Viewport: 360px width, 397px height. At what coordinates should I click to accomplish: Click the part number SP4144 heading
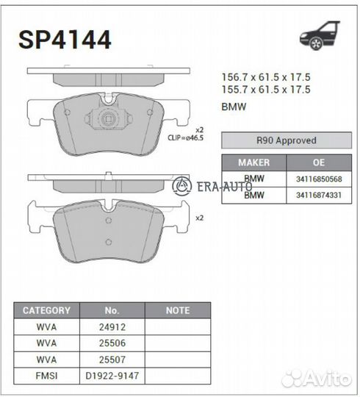pos(65,40)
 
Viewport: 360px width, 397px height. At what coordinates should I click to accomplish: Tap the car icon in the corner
pos(320,35)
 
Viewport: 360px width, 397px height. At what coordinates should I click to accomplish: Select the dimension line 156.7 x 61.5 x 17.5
pos(266,77)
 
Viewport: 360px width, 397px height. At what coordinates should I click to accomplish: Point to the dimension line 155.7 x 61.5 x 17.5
pos(266,90)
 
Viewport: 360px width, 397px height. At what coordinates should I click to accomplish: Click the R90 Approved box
pos(287,140)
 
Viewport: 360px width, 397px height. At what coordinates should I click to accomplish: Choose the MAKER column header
pos(253,162)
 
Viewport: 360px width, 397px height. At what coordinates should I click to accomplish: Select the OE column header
pos(319,162)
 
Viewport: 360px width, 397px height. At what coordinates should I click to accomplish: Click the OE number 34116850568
pos(319,179)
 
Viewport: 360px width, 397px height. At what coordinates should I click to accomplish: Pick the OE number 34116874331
pos(319,196)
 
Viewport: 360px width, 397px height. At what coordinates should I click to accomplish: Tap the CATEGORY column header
pos(46,310)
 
